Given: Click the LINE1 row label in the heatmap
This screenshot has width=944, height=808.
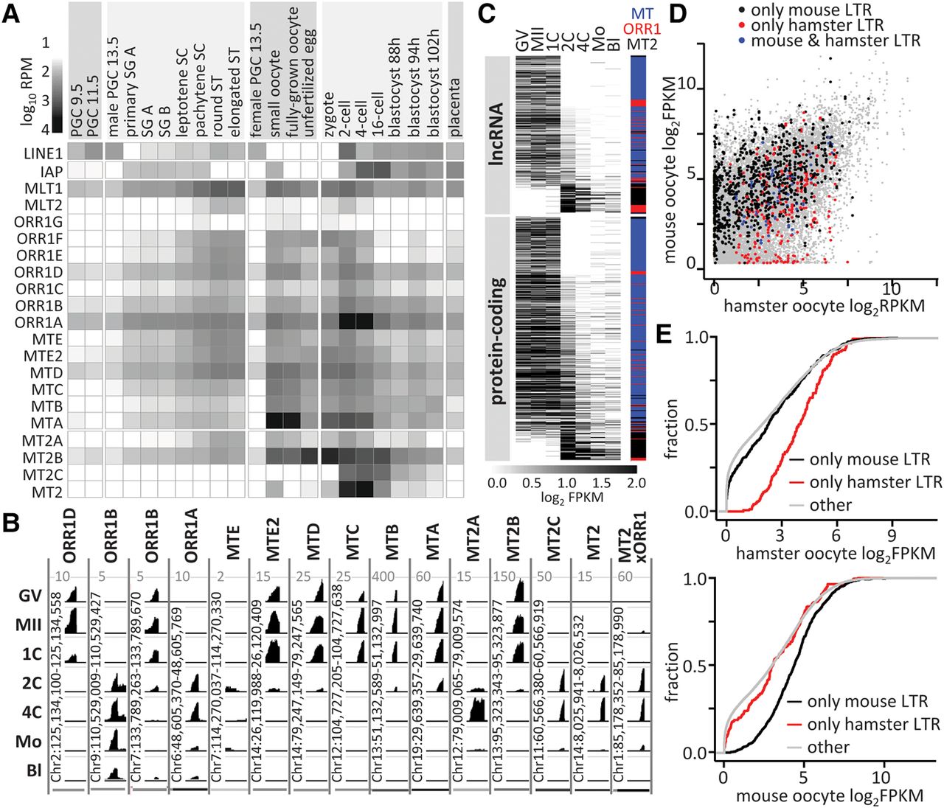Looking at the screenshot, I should tap(43, 153).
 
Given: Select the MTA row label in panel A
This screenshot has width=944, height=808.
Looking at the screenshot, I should tap(47, 423).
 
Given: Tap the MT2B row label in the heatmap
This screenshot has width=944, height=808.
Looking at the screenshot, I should tap(43, 457).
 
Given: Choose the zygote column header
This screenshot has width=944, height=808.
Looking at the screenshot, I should tap(329, 114).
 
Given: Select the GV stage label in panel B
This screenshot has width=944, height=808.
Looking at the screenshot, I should tap(29, 596).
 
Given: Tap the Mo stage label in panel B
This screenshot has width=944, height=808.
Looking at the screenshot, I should tap(29, 740).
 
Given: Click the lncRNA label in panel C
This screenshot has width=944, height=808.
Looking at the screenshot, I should tap(497, 136).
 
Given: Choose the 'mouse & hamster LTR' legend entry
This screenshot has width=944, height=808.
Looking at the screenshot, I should tap(835, 41).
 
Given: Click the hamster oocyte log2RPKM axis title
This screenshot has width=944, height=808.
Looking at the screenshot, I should tap(824, 305).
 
